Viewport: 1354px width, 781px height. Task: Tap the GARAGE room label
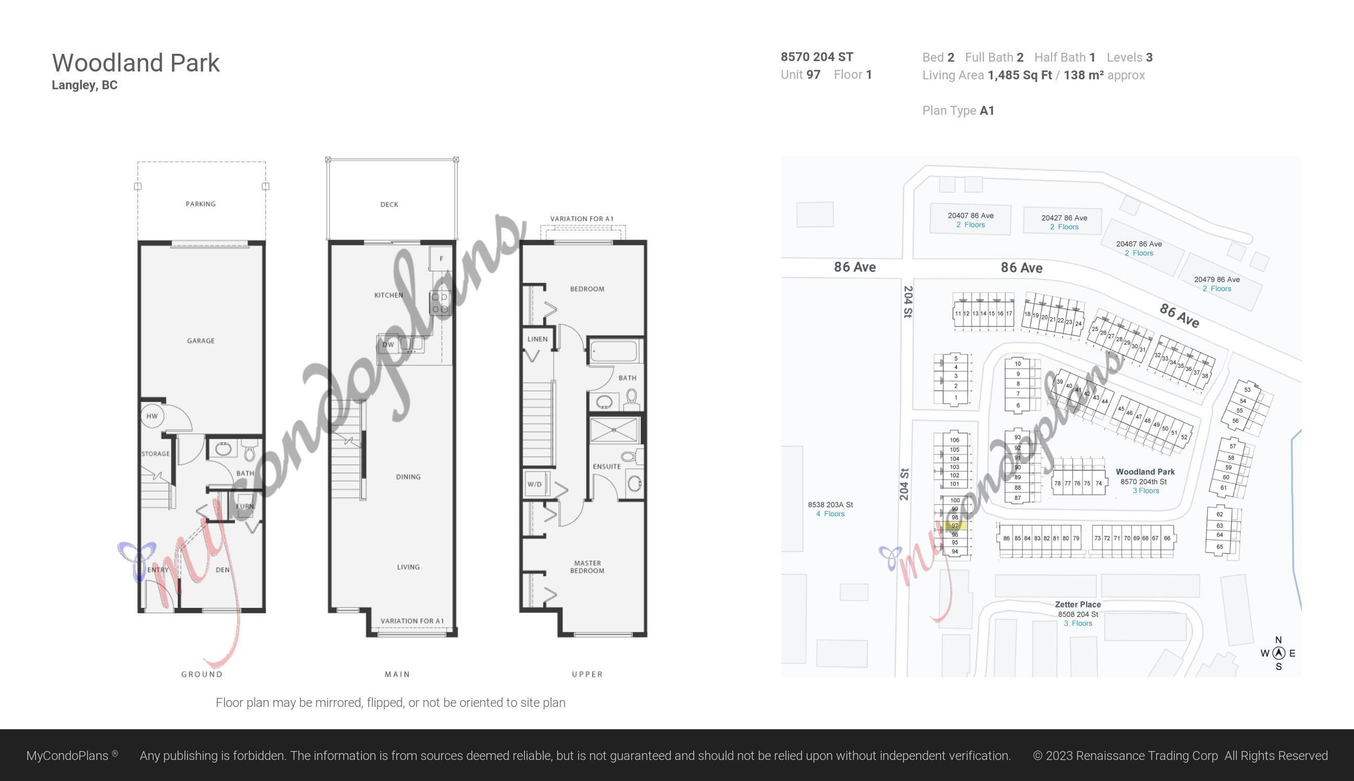point(201,341)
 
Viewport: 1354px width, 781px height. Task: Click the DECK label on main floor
point(389,205)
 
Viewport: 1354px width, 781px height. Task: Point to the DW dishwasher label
point(388,345)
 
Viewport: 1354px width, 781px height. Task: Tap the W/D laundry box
point(535,484)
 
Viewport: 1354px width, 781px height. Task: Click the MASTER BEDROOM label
point(587,567)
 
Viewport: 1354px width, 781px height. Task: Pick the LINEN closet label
point(537,339)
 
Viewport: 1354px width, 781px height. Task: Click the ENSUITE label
point(606,467)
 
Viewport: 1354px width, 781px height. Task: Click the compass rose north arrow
point(1279,653)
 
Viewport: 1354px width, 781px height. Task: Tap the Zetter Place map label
point(1078,604)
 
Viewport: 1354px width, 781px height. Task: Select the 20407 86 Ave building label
point(971,216)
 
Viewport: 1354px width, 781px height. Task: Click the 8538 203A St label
point(830,505)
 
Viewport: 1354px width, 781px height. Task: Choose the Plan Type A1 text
point(958,110)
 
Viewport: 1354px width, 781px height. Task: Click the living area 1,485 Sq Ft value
point(1019,75)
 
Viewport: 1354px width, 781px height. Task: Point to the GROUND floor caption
point(202,674)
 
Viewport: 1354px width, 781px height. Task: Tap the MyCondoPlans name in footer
point(68,756)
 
